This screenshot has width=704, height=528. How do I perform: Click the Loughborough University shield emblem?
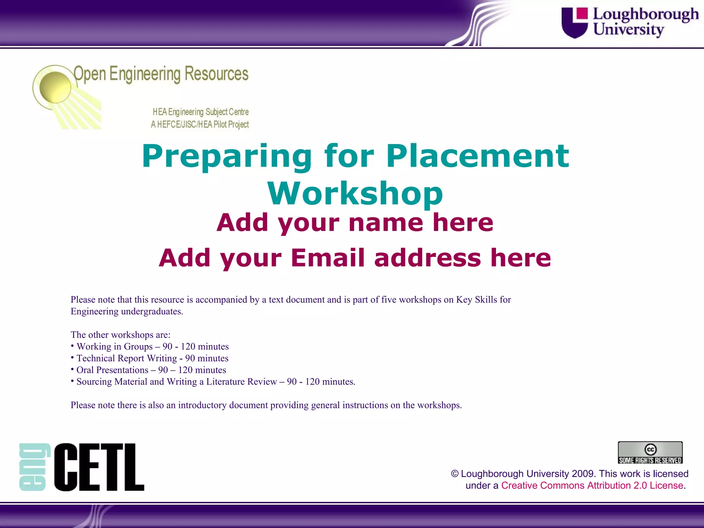574,23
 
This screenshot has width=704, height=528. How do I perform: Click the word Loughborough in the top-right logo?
646,14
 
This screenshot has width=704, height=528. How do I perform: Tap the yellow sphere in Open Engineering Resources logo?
55,87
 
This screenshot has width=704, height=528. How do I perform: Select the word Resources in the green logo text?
217,74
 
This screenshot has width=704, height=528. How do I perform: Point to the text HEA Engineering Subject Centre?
200,112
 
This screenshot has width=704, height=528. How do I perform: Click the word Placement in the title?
477,156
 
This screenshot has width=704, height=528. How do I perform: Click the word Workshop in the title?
355,194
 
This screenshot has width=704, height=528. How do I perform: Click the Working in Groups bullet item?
152,346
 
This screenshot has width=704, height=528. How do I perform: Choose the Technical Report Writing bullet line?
152,358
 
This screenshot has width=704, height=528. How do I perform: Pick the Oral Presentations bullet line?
151,370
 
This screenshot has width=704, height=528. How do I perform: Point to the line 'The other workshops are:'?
120,335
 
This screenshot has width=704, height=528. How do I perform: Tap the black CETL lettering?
99,467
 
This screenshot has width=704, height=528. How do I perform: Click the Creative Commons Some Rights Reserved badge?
650,453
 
